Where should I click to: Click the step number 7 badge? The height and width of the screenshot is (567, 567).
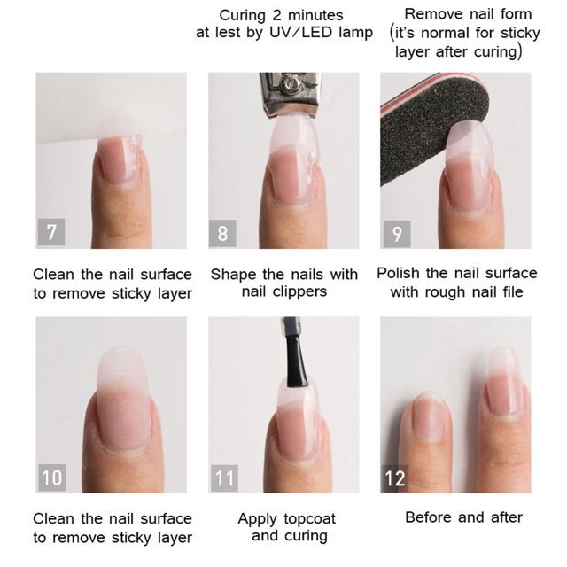tap(51, 232)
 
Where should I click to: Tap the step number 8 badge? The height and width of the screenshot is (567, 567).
tap(222, 233)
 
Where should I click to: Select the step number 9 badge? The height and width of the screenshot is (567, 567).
tap(397, 234)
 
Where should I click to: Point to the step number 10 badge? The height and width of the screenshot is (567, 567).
tap(52, 478)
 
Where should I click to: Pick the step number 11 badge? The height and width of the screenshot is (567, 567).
tap(224, 478)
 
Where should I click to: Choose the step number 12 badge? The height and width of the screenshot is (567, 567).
tap(395, 478)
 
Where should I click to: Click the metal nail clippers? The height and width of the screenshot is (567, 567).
tap(289, 94)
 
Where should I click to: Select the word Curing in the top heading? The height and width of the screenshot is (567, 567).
tap(243, 16)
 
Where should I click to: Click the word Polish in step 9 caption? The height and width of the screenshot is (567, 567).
tap(398, 273)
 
